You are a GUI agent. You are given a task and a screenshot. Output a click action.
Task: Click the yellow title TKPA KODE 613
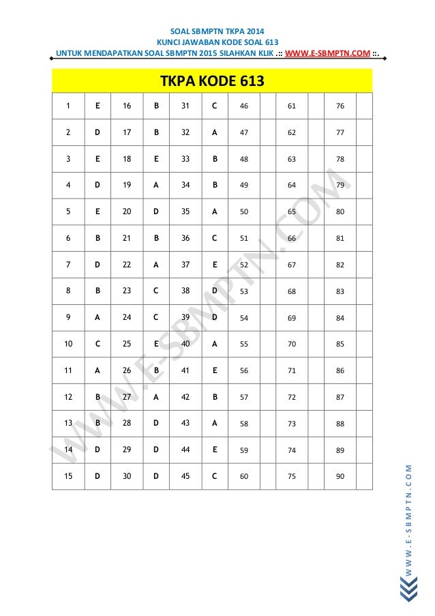click(211, 83)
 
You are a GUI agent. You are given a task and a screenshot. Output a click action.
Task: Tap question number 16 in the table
click(127, 106)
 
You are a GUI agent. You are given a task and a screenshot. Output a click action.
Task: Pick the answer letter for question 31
click(215, 106)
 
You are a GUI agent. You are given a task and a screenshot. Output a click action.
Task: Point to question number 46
click(244, 106)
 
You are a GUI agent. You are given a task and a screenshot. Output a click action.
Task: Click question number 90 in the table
click(340, 476)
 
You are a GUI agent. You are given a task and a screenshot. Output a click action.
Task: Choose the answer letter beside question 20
click(156, 212)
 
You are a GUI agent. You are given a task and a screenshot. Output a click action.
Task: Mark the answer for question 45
click(215, 476)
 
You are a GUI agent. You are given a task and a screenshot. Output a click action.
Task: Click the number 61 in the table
click(292, 106)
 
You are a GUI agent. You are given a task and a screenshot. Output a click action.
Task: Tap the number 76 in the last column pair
click(340, 106)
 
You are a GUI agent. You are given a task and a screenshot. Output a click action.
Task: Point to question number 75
click(292, 476)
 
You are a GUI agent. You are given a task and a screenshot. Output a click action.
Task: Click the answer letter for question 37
click(215, 265)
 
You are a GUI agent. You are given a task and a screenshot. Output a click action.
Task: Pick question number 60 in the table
click(244, 476)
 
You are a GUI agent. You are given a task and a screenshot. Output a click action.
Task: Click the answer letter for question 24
click(156, 317)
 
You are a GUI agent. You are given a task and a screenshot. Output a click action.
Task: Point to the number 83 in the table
click(340, 291)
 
